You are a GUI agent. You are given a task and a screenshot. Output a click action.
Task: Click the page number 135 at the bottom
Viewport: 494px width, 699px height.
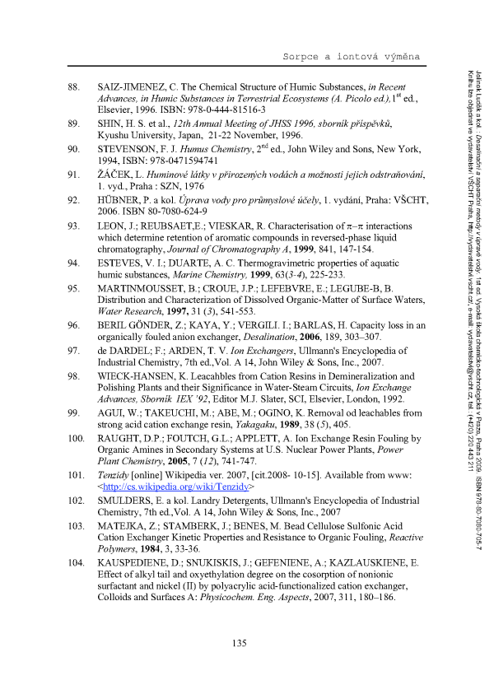coord(246,643)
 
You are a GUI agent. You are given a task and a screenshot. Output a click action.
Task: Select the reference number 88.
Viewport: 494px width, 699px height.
coord(73,86)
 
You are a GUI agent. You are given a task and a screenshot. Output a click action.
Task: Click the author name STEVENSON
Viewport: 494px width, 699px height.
coord(132,150)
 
